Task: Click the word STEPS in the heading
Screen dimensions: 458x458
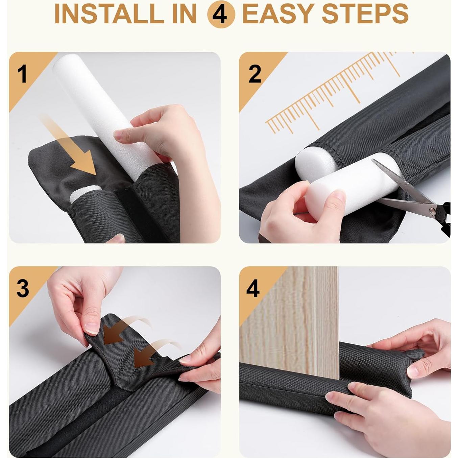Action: click(365, 14)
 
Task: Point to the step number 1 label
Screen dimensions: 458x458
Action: click(23, 74)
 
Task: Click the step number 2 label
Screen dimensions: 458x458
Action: click(255, 74)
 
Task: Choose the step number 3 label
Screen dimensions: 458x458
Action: click(23, 288)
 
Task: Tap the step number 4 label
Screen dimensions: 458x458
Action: click(252, 288)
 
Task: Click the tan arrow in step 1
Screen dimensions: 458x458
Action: click(71, 147)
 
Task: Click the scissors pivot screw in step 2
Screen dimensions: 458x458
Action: click(431, 210)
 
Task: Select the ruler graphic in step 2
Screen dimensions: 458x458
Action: click(337, 93)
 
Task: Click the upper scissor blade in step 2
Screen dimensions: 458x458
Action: click(402, 180)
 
